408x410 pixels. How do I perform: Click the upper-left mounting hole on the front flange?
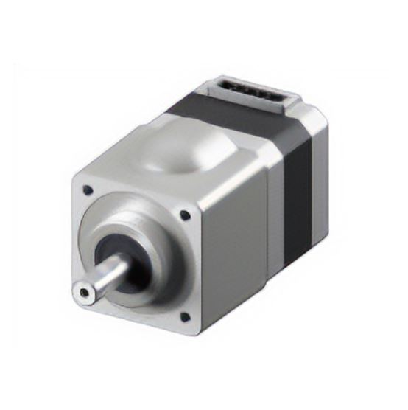88,190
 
